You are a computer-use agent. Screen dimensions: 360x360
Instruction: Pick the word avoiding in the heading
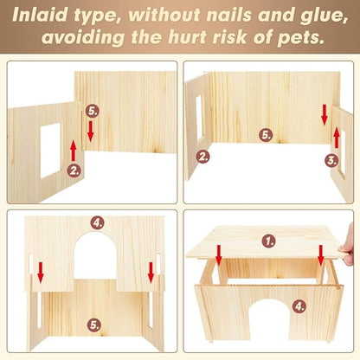(x=83, y=38)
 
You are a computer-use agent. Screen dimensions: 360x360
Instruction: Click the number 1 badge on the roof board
(x=269, y=241)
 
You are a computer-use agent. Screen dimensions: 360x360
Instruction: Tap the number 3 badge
(x=331, y=160)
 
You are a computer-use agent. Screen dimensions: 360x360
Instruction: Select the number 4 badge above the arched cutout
(x=97, y=222)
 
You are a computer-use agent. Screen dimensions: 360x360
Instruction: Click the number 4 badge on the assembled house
(x=299, y=306)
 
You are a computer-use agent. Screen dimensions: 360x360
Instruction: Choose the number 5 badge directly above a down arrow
(x=93, y=111)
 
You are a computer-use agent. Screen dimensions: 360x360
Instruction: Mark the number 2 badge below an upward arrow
(x=74, y=170)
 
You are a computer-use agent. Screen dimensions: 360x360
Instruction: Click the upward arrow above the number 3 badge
(x=337, y=138)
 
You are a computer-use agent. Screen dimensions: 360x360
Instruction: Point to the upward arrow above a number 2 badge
(x=74, y=151)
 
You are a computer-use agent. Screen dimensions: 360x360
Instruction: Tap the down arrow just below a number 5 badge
(x=91, y=132)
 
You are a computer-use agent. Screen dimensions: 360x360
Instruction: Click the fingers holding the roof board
(x=348, y=245)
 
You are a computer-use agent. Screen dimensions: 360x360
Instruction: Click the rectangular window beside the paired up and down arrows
(x=50, y=151)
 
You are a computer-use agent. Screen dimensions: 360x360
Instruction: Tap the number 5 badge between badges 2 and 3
(x=266, y=135)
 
